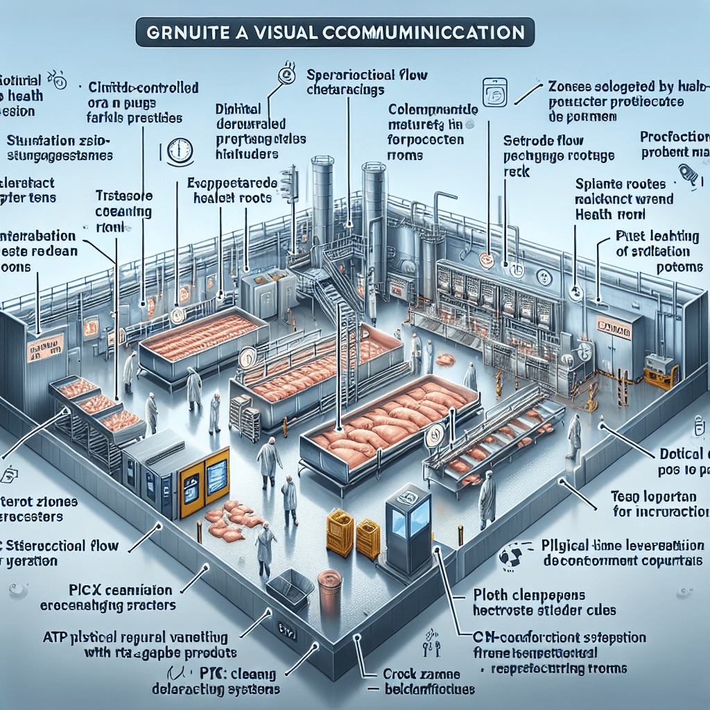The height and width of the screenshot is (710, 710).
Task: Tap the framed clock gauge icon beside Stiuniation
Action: (x=180, y=150)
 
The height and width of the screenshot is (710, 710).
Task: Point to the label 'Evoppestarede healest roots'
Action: (x=232, y=190)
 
